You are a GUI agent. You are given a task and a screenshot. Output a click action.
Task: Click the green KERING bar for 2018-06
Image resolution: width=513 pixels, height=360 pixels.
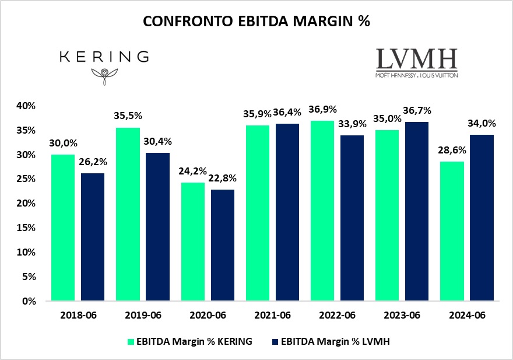[x=63, y=228]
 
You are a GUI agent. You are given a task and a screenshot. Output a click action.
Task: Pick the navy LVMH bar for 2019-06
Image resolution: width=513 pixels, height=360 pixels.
[x=157, y=227]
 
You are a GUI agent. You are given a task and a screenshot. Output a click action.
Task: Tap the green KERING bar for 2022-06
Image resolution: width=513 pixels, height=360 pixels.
[x=322, y=211]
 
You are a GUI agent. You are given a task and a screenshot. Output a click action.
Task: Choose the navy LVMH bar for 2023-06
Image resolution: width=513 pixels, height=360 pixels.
[x=417, y=211]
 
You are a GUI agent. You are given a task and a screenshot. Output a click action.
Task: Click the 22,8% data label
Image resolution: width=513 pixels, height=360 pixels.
[x=222, y=179]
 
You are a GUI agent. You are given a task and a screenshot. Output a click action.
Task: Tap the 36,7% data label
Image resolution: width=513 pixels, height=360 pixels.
[x=417, y=111]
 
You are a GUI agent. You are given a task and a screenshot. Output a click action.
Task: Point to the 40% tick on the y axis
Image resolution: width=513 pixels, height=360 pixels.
[x=27, y=106]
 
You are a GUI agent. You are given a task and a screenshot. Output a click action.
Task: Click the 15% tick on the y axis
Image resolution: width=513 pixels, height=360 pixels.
[x=27, y=228]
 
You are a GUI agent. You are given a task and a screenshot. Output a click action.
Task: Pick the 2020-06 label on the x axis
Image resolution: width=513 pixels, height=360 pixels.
[x=208, y=316]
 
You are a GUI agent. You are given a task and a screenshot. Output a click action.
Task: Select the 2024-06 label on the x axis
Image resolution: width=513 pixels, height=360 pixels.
[x=467, y=316]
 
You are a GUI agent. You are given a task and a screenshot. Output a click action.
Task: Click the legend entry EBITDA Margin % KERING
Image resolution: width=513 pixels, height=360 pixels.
[x=190, y=342]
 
